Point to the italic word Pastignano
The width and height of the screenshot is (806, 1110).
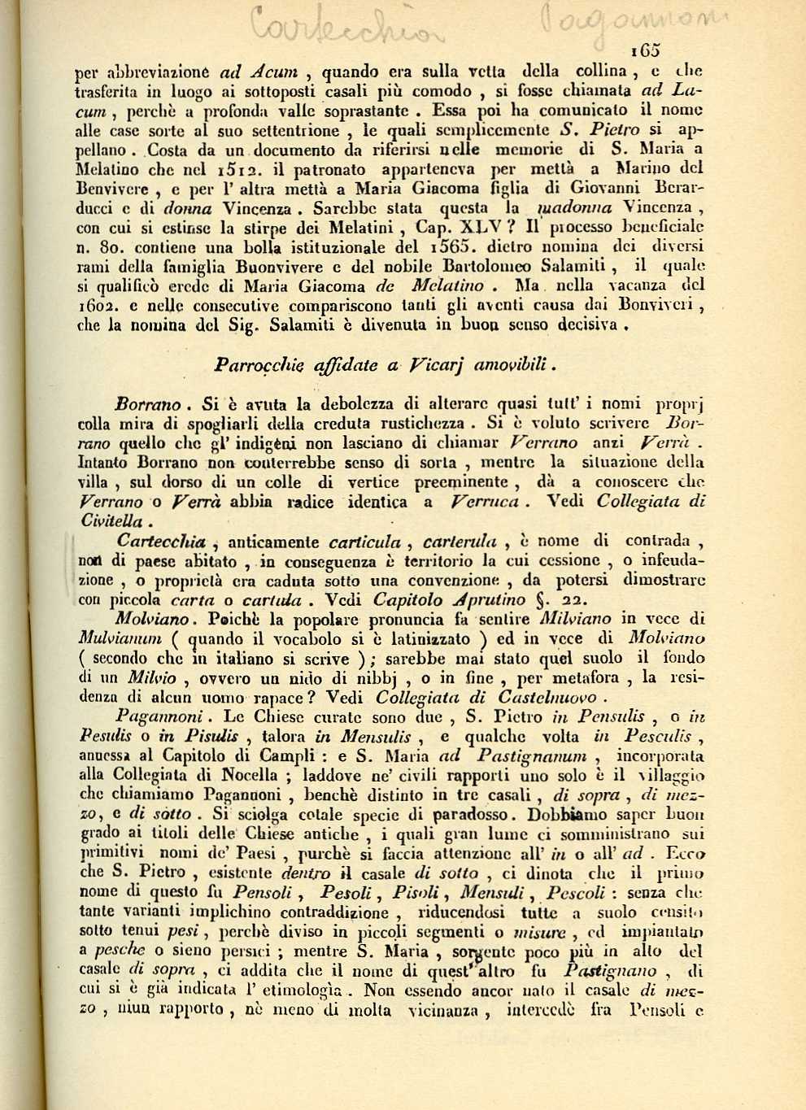[609, 971]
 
